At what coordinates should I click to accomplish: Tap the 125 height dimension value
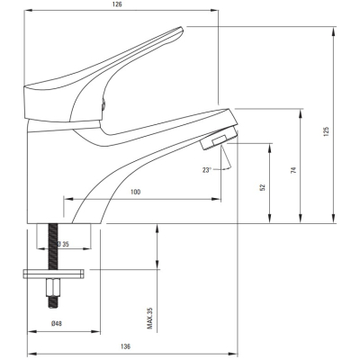point(327,131)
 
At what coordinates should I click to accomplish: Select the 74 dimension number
point(293,170)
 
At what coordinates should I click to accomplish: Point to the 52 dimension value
point(263,187)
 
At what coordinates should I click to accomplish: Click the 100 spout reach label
point(135,192)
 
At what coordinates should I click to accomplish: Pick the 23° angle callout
point(207,170)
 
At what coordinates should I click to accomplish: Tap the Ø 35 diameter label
point(64,244)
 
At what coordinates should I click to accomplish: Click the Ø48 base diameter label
point(57,323)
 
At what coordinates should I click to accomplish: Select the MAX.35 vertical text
point(150,318)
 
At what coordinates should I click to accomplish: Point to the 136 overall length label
point(126,346)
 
